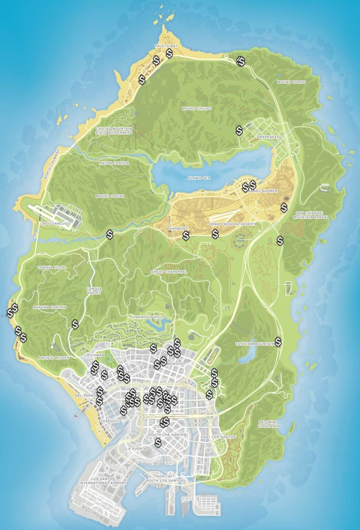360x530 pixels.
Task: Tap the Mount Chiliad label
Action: click(x=196, y=108)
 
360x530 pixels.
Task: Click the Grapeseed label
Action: click(x=268, y=137)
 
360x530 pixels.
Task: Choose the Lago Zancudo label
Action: click(x=55, y=224)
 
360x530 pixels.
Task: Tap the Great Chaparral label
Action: click(x=169, y=272)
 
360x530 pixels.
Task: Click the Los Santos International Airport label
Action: click(x=103, y=481)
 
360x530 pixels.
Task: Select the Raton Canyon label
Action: click(x=114, y=163)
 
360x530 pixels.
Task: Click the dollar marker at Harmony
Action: click(x=186, y=236)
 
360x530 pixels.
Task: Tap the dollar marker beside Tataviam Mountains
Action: click(x=278, y=342)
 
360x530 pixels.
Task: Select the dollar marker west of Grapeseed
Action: click(x=239, y=130)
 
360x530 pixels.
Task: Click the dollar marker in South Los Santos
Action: click(x=158, y=442)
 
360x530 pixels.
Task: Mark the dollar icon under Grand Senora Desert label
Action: click(x=215, y=234)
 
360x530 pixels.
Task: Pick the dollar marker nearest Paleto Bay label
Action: click(x=169, y=53)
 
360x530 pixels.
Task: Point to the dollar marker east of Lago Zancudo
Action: click(x=110, y=235)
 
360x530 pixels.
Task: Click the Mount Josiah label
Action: click(x=110, y=196)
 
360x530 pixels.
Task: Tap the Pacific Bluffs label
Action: click(x=54, y=358)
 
